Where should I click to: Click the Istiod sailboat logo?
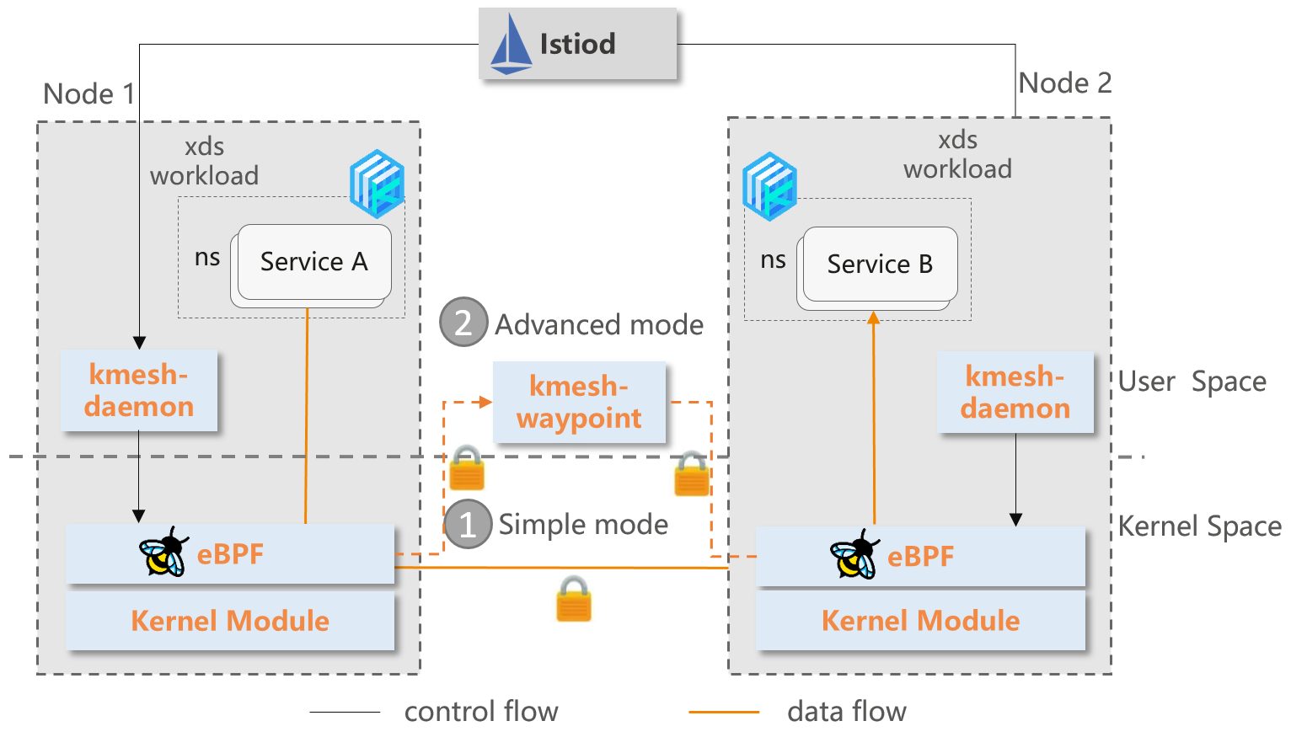click(511, 45)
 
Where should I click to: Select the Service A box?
click(313, 262)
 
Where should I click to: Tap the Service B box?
click(880, 264)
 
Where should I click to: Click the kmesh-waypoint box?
click(579, 403)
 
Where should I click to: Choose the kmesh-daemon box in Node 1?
click(139, 391)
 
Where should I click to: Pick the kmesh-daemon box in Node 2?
click(1015, 393)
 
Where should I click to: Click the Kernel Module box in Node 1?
click(230, 621)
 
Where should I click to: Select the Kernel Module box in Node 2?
click(920, 621)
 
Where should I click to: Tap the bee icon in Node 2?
click(854, 555)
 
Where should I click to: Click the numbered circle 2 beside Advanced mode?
click(463, 323)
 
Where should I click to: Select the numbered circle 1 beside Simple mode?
click(468, 524)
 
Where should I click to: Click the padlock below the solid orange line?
click(574, 599)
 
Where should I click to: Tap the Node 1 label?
click(88, 93)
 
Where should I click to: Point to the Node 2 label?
click(1065, 83)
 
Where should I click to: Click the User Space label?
click(1192, 382)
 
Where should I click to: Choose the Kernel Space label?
click(1199, 526)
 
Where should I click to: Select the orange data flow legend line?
click(724, 712)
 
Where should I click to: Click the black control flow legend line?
click(345, 712)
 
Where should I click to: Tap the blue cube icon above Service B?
click(769, 186)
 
